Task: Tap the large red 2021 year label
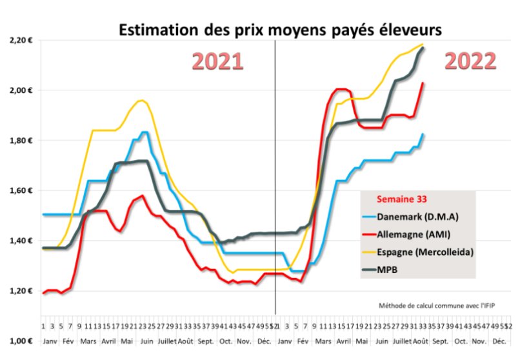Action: (x=218, y=61)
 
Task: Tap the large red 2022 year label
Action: (x=471, y=61)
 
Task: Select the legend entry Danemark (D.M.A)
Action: (x=424, y=215)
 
